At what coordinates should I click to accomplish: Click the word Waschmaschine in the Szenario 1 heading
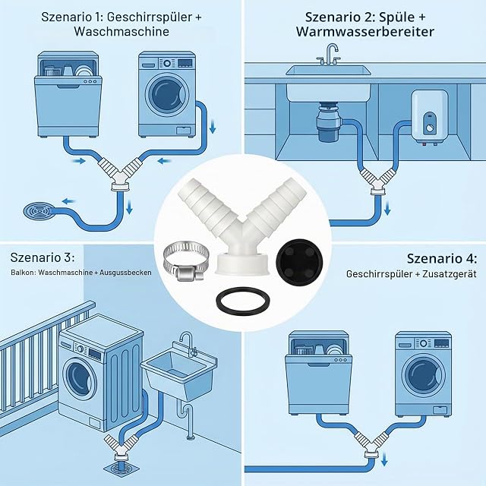121,32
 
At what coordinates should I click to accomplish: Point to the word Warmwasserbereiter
364,32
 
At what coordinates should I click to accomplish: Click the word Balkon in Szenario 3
21,273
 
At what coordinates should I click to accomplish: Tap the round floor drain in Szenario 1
39,211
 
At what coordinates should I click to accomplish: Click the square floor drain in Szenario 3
120,473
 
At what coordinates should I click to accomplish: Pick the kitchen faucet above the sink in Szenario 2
330,55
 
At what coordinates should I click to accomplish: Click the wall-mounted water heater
429,117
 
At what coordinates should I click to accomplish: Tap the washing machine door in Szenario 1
166,94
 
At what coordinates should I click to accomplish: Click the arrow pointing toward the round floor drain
69,201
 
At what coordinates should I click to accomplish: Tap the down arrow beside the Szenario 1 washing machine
213,127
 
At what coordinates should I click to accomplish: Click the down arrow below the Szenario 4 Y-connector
384,459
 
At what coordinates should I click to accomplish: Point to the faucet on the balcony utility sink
188,343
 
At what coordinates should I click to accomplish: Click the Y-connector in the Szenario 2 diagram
376,182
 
